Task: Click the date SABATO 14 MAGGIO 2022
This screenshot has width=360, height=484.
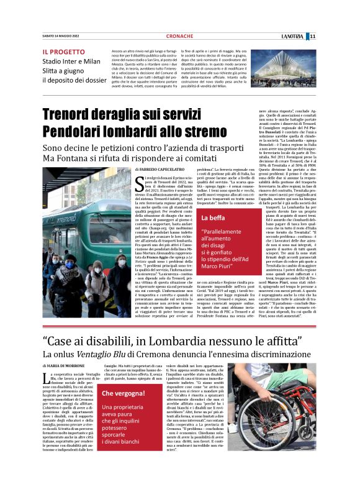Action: tap(61, 36)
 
